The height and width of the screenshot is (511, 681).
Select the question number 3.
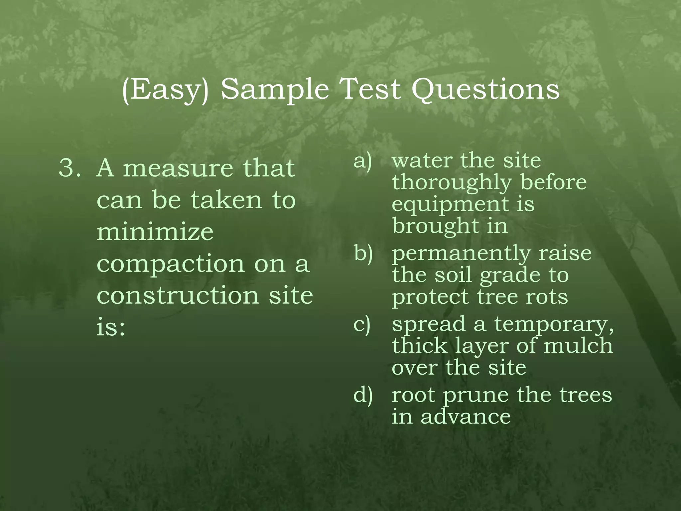pyautogui.click(x=69, y=168)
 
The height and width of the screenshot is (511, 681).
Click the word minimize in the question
pyautogui.click(x=155, y=232)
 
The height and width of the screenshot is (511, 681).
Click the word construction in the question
pyautogui.click(x=178, y=295)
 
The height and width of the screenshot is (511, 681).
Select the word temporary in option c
pyautogui.click(x=553, y=325)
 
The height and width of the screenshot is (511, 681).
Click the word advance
pyautogui.click(x=466, y=417)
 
